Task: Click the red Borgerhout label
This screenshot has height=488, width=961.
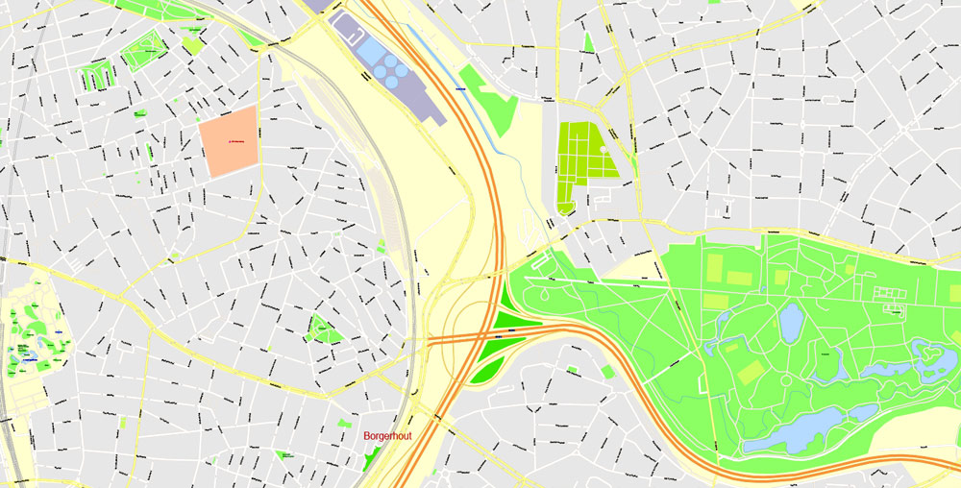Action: tap(387, 436)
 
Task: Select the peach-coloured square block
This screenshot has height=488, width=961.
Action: tap(229, 141)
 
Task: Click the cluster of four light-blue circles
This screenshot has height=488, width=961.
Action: tap(388, 68)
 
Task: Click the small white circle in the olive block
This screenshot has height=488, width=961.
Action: tap(604, 150)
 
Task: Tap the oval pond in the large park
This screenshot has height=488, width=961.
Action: tap(791, 323)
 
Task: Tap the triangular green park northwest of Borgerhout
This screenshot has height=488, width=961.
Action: tap(324, 329)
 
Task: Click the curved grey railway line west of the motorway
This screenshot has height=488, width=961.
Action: tap(408, 240)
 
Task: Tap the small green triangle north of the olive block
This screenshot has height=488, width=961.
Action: tap(587, 43)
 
